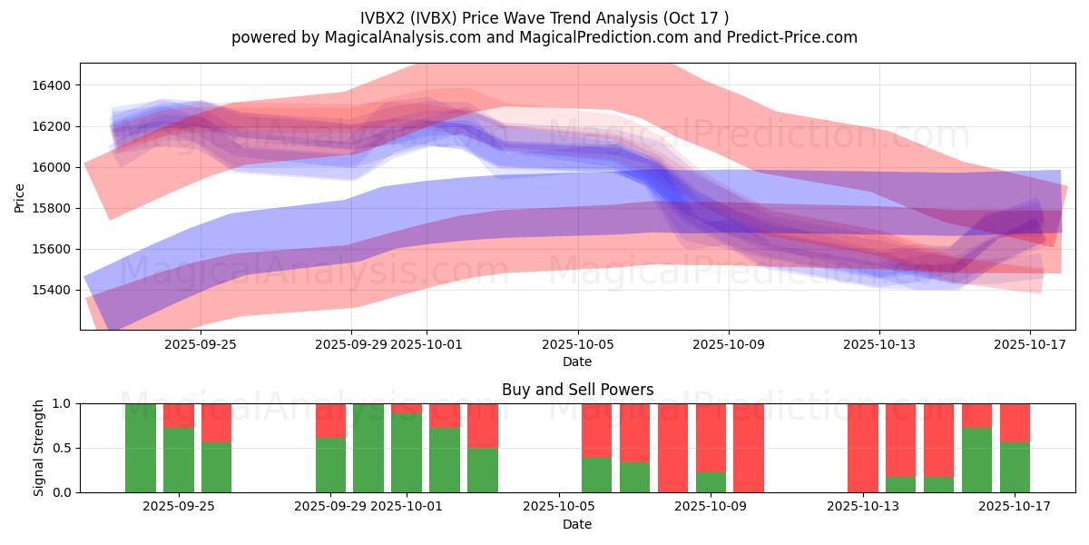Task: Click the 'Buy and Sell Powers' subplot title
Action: click(x=577, y=390)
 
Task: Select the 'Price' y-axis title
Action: click(x=20, y=196)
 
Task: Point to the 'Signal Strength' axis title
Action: click(x=38, y=448)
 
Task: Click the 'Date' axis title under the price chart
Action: click(x=577, y=362)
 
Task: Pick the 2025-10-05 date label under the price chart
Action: click(x=578, y=345)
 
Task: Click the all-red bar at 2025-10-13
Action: click(x=862, y=448)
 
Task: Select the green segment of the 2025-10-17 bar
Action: click(x=1015, y=467)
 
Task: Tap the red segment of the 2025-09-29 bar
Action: click(x=330, y=421)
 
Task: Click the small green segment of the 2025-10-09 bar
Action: click(x=711, y=482)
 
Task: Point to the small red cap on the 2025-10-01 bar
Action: click(x=406, y=409)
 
